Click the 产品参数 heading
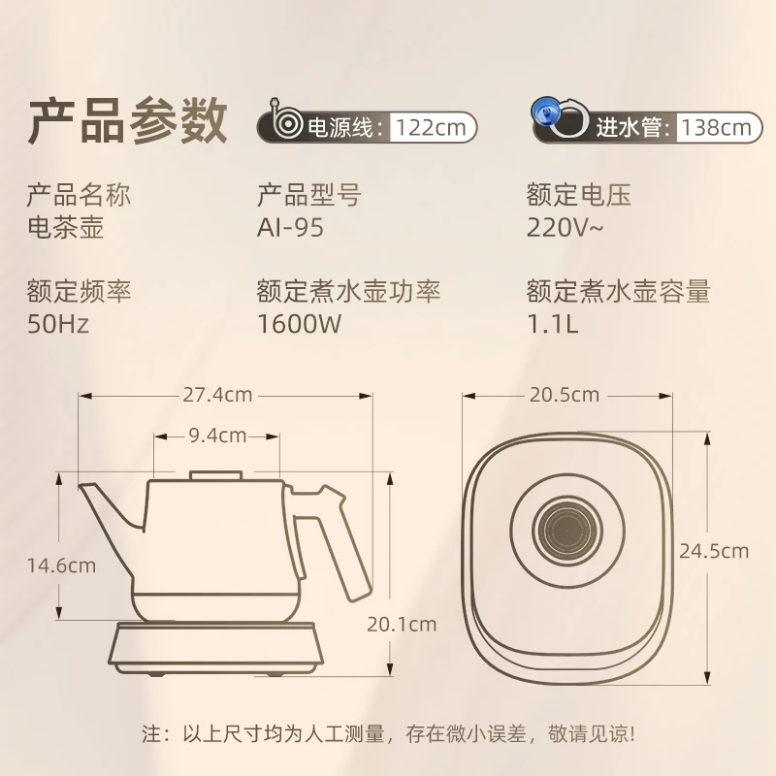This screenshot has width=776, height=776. tap(127, 120)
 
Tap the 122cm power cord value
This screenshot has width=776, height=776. tap(431, 128)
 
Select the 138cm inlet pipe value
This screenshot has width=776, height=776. tap(717, 128)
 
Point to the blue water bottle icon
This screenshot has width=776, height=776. tap(545, 112)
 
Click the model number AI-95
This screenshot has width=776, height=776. tap(290, 228)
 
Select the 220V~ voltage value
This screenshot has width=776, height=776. tap(565, 228)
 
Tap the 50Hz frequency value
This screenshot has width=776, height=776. tap(58, 324)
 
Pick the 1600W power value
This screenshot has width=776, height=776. tap(299, 324)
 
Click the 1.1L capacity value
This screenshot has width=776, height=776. tap(552, 324)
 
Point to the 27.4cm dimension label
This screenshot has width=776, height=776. tap(217, 395)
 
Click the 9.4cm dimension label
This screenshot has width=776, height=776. tap(217, 436)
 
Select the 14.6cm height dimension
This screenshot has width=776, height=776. tap(61, 566)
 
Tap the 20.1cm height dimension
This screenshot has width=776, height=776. tap(402, 625)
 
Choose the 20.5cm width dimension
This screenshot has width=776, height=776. tap(565, 395)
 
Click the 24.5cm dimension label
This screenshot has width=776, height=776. tap(714, 551)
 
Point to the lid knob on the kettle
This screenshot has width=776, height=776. tap(216, 475)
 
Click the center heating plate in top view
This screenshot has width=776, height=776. tap(567, 529)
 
